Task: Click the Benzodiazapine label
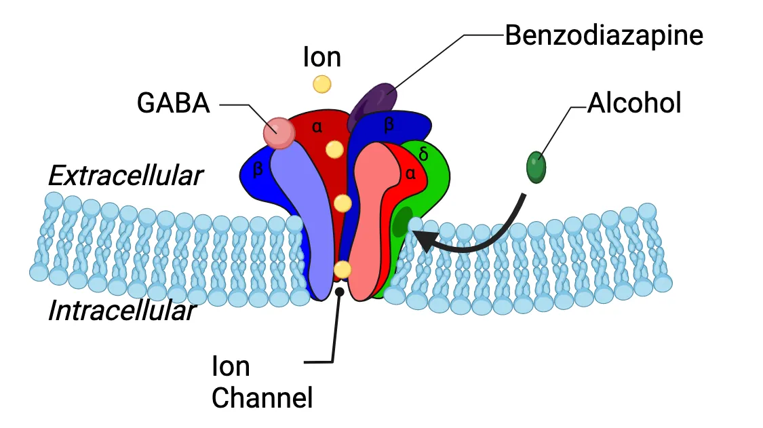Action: (604, 35)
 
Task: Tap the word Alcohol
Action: (634, 104)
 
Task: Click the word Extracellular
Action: (125, 176)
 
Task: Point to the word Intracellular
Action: (122, 311)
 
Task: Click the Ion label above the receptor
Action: (321, 58)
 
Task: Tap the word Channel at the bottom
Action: (262, 397)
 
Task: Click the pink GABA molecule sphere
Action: (279, 132)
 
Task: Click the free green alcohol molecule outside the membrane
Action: (536, 167)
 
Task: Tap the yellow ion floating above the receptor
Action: (321, 84)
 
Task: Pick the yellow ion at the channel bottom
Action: (343, 269)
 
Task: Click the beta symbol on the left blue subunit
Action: (258, 170)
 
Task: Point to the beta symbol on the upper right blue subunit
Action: (389, 124)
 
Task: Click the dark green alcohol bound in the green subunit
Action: (403, 222)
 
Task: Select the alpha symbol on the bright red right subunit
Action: (410, 174)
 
